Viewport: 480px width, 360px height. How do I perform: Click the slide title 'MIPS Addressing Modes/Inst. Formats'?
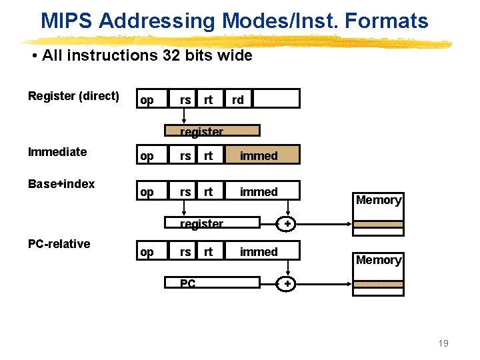(x=234, y=21)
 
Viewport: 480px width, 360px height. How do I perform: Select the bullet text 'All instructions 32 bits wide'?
(x=147, y=55)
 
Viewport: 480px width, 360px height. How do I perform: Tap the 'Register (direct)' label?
(x=73, y=96)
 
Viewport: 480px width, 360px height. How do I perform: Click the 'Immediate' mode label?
(x=57, y=152)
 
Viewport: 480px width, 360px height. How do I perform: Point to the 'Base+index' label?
(x=61, y=184)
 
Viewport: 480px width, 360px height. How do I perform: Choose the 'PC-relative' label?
(x=59, y=244)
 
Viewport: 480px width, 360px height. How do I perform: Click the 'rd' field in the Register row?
(x=237, y=99)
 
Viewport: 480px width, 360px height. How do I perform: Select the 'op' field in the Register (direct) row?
(x=147, y=99)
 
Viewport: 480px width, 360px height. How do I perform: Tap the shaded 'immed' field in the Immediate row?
(x=260, y=156)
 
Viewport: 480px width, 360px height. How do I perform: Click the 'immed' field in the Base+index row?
(x=259, y=192)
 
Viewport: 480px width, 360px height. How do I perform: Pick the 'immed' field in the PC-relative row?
(x=259, y=252)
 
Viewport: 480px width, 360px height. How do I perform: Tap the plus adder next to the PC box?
(x=287, y=284)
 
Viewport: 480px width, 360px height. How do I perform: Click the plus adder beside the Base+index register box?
(x=287, y=224)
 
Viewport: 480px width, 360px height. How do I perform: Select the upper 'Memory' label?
(x=379, y=200)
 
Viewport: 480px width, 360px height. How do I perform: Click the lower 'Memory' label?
(x=379, y=260)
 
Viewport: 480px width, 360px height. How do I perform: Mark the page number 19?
(x=443, y=343)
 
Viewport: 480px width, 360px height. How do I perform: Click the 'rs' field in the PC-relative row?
(x=185, y=252)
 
